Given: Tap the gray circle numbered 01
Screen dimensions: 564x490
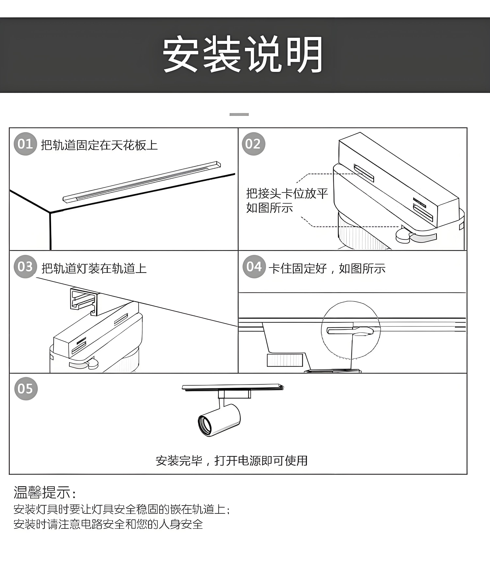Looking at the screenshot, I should pos(25,144).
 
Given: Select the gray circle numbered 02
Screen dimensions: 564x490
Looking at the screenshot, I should pos(253,144).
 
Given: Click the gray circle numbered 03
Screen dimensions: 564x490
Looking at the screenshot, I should pos(25,267).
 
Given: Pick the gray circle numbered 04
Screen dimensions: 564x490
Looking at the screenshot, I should pos(254,267).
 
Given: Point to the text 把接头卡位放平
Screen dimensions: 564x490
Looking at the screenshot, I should pos(287,193).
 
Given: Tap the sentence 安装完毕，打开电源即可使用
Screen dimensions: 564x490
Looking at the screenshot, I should pos(232,461).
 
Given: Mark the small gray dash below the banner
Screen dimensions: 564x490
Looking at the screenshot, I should pos(239,114).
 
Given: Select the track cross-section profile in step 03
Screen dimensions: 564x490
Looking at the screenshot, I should pos(84,301).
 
